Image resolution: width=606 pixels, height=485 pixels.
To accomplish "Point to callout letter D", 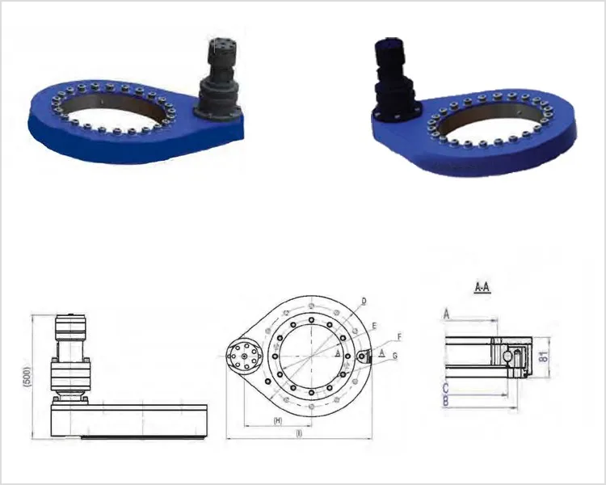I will (x=364, y=301).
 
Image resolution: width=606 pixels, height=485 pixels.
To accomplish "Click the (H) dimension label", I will (x=277, y=421).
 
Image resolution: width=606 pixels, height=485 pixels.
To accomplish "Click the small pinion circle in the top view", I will (x=242, y=355).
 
